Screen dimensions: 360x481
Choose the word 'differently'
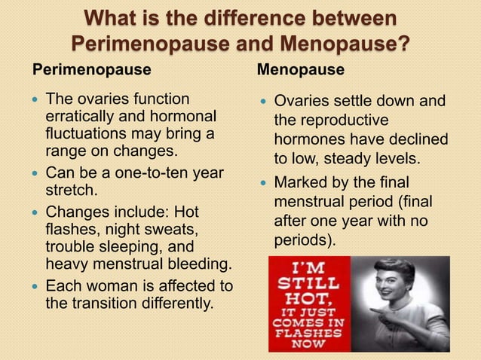click(x=178, y=304)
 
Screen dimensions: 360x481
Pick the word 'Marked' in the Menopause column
click(x=302, y=183)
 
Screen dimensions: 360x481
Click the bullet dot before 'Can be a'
click(x=35, y=173)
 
